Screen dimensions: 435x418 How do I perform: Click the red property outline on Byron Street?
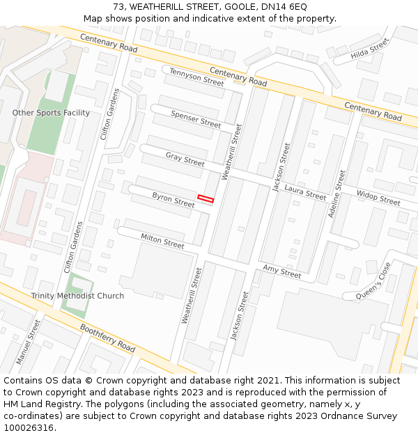point(205,199)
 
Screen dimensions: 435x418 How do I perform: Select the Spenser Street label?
point(196,118)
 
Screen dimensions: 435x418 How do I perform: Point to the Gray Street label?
point(185,159)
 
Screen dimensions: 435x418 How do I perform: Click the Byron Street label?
point(173,200)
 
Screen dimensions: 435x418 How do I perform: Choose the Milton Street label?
point(162,241)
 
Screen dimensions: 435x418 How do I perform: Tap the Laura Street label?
point(305,193)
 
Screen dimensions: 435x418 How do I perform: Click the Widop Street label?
point(378,198)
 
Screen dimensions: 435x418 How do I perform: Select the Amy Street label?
point(281,271)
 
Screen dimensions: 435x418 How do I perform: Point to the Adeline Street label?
point(336,193)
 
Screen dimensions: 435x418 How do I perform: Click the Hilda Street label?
point(369,49)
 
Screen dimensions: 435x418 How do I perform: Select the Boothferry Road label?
point(107,337)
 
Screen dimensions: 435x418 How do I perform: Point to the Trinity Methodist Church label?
point(77,296)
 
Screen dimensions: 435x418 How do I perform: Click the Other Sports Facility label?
point(51,113)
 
